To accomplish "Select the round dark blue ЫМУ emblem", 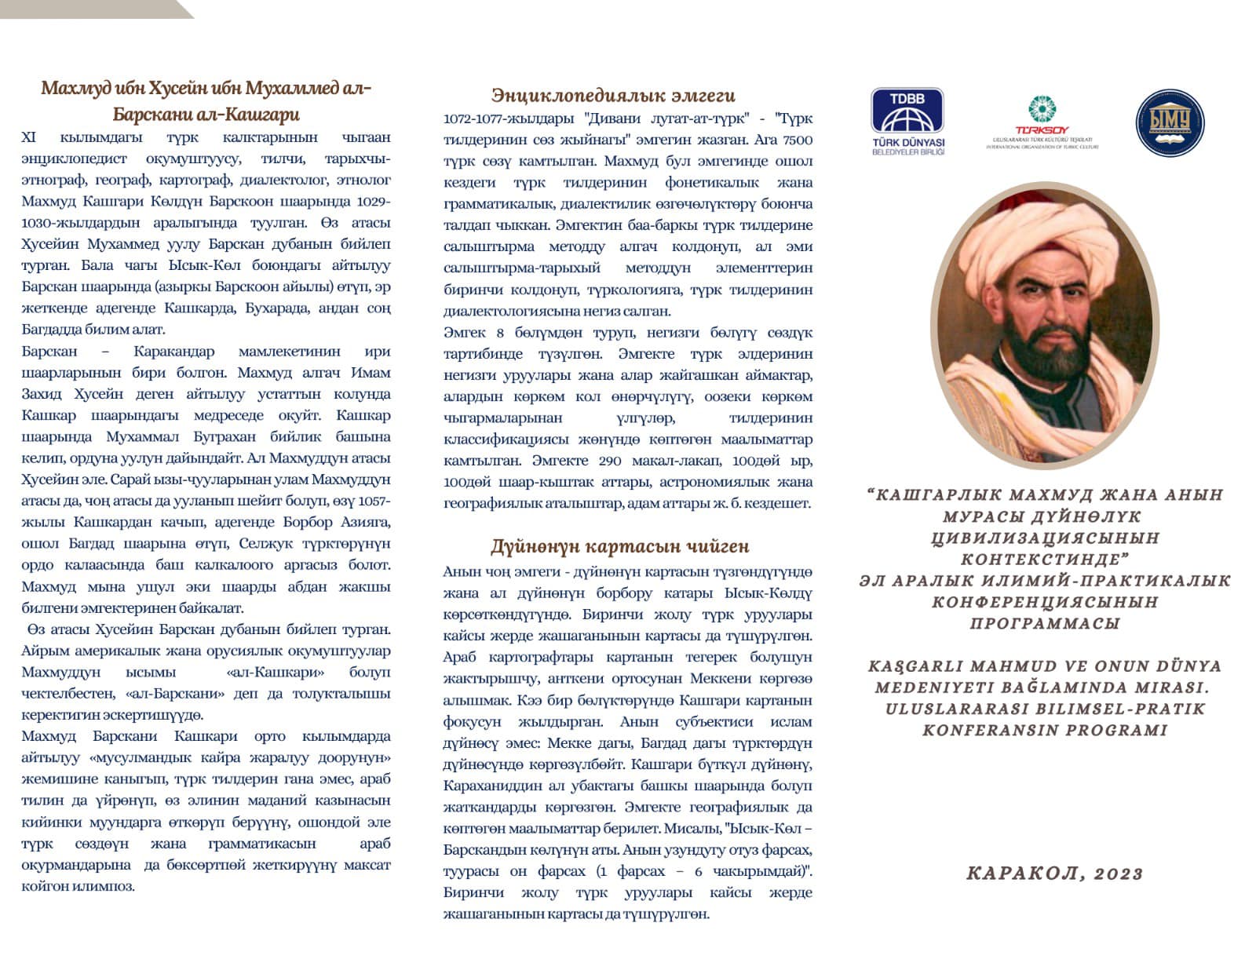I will pyautogui.click(x=1170, y=122).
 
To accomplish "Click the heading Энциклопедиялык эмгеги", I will pyautogui.click(x=613, y=96).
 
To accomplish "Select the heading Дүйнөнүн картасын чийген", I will pyautogui.click(x=619, y=546).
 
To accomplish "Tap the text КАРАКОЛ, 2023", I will pyautogui.click(x=1054, y=873).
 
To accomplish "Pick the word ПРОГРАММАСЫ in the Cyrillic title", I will pyautogui.click(x=1045, y=624).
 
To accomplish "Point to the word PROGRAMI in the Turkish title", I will pyautogui.click(x=1121, y=731).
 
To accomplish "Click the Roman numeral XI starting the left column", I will pyautogui.click(x=29, y=137).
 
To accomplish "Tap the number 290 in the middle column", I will pyautogui.click(x=609, y=461).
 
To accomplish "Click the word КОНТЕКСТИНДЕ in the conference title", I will pyautogui.click(x=1045, y=560).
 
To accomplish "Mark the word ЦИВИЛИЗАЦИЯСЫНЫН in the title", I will pyautogui.click(x=1045, y=538).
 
